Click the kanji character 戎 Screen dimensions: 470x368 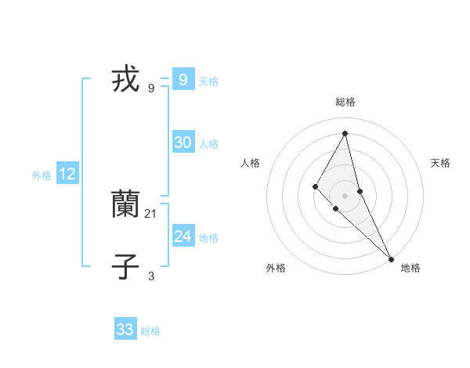(125, 80)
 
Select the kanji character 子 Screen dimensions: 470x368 (125, 267)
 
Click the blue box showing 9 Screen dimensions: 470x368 (183, 80)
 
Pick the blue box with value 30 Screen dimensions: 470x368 (183, 143)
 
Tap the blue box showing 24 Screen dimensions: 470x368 (183, 236)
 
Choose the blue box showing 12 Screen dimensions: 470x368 (67, 174)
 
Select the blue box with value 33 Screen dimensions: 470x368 (125, 330)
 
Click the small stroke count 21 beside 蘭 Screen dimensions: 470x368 (151, 214)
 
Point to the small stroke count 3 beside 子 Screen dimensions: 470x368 (151, 276)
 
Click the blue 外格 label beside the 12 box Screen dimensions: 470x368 (42, 175)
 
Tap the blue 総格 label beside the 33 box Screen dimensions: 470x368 (150, 331)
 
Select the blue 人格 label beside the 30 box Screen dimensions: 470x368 (208, 144)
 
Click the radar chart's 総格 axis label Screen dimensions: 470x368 (345, 102)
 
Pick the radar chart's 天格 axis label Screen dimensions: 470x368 (440, 163)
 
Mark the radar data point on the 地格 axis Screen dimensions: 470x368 (391, 258)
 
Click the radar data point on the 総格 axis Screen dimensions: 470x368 (345, 132)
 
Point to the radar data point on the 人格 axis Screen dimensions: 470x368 (315, 186)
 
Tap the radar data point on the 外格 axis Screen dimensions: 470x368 (335, 208)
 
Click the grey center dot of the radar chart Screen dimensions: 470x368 (345, 195)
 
